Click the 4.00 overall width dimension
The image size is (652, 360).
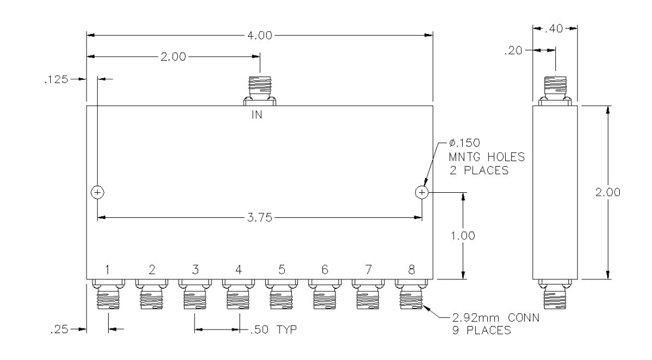[260, 35]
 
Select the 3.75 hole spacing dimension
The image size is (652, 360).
[260, 217]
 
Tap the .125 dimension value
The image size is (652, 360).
[56, 79]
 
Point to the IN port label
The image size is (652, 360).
[257, 114]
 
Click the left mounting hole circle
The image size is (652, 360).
[97, 192]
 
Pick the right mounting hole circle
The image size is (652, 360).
[422, 192]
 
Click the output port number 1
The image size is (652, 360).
[107, 270]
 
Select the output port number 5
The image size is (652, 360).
[282, 270]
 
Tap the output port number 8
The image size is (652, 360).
[411, 270]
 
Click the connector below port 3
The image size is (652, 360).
[195, 294]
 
